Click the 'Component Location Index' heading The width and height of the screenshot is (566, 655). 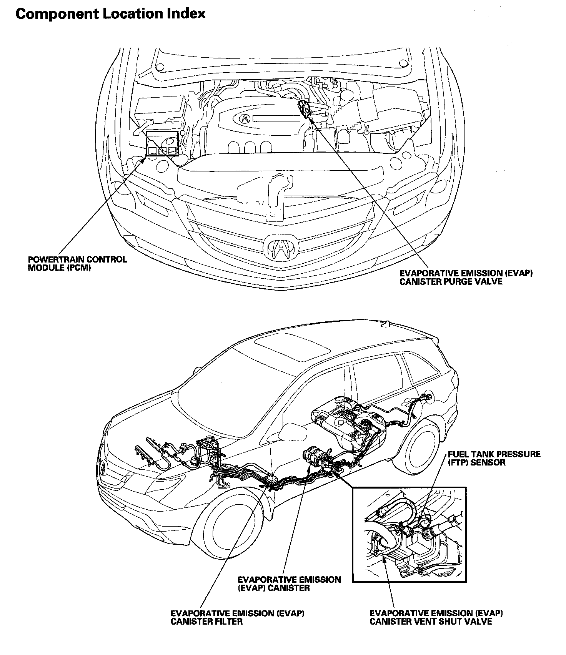110,14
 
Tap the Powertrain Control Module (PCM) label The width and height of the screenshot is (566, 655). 77,263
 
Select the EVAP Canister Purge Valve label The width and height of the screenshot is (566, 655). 466,277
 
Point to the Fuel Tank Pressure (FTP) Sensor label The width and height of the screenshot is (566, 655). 494,458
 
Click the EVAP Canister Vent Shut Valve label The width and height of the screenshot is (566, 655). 436,618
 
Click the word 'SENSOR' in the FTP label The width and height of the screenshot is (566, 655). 488,462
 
